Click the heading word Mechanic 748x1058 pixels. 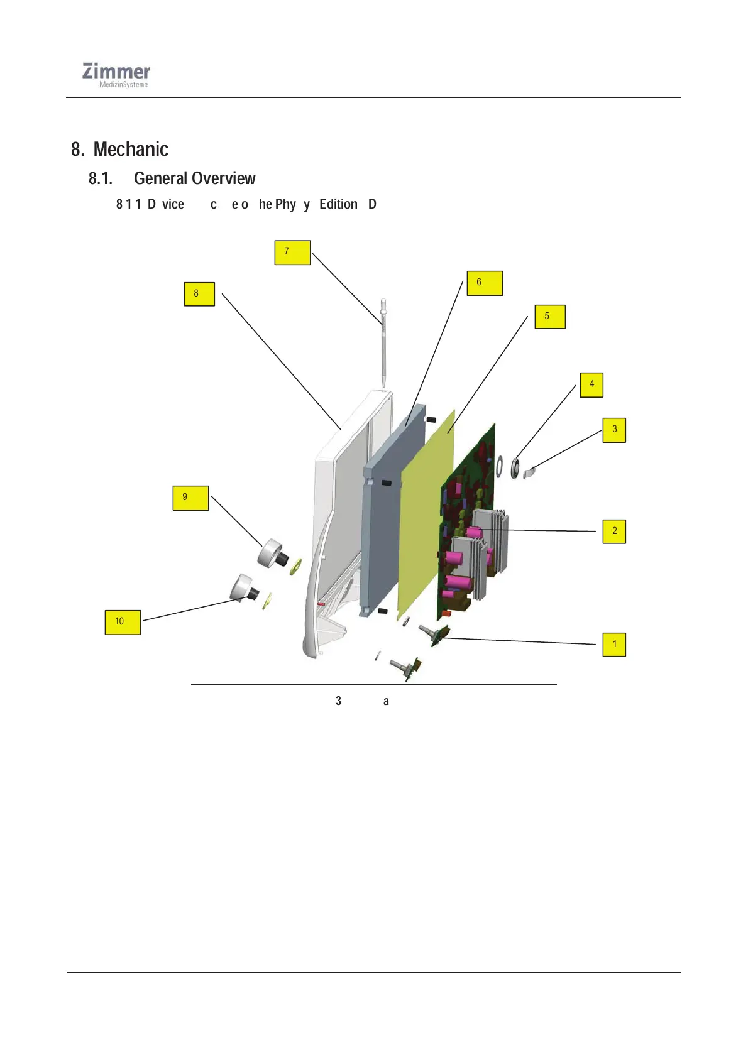point(131,150)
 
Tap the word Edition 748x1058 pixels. point(338,204)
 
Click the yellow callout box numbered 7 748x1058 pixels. point(292,252)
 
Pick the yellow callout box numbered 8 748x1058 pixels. point(199,294)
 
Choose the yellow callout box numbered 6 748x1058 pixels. point(484,283)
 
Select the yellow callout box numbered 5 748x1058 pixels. point(550,317)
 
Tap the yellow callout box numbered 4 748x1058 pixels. point(591,384)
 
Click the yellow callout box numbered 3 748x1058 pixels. point(614,430)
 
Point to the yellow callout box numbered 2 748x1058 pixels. point(614,532)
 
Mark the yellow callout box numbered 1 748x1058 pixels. point(614,645)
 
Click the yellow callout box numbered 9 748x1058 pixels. point(190,498)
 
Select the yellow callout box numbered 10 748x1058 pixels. point(123,622)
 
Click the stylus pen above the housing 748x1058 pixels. point(383,342)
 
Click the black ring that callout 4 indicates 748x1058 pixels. point(516,468)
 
